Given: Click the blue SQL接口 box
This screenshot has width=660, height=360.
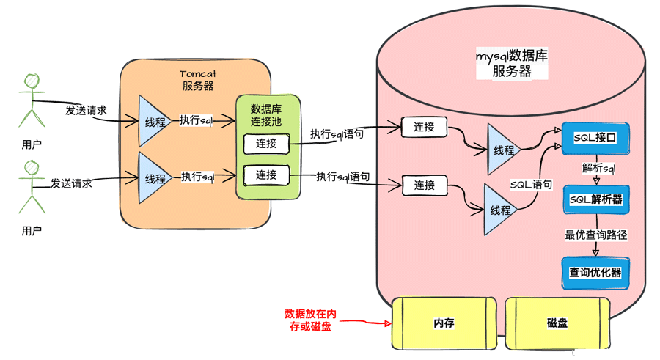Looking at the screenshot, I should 595,138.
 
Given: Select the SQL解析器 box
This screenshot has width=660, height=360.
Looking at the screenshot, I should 595,199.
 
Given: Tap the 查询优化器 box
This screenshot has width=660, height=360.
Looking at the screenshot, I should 595,272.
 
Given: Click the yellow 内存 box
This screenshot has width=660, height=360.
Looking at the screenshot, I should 444,323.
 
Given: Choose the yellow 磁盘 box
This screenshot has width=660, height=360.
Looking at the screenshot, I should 557,323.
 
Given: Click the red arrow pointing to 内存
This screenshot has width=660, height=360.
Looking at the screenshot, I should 367,322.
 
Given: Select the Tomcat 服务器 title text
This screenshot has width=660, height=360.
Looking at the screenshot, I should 197,79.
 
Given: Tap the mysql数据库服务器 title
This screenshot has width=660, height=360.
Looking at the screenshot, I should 512,63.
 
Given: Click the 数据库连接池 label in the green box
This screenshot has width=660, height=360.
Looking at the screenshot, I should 268,113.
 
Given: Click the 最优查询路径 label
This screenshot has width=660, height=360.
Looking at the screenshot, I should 595,235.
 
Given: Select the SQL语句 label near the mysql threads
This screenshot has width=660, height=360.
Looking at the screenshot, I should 531,185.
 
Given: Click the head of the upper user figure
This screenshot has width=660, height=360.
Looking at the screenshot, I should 30,81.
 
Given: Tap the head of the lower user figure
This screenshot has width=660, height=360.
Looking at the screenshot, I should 30,169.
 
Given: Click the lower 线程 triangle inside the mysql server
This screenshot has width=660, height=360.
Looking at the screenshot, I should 500,210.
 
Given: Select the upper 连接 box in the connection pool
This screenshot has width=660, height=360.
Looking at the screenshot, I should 266,144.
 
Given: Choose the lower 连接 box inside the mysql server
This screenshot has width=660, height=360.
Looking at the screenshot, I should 424,185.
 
